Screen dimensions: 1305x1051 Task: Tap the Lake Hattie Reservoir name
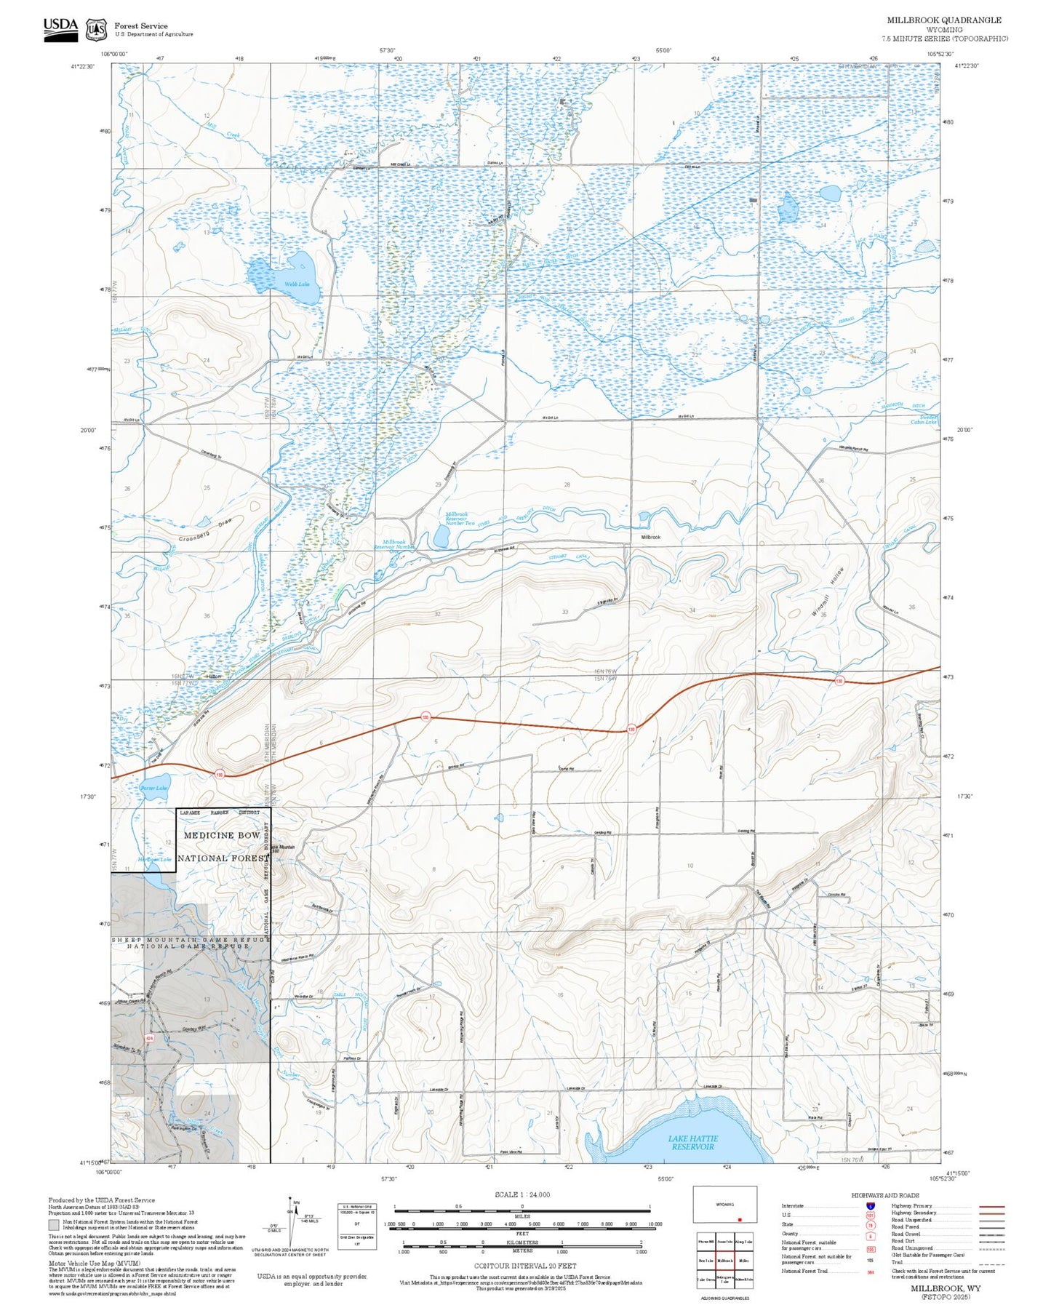click(693, 1142)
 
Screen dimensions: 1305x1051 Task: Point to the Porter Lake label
click(153, 788)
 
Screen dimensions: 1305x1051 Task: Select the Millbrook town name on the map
click(650, 537)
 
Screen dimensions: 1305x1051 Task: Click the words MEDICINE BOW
click(222, 835)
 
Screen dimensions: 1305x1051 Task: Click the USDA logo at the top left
click(60, 29)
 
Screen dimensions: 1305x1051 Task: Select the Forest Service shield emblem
click(96, 30)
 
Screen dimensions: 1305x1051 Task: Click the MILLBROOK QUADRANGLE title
click(943, 20)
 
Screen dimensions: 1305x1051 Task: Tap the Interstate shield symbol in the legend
click(870, 1205)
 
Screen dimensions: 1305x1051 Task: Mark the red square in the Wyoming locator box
click(740, 1219)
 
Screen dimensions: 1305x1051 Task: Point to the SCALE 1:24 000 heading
click(521, 1194)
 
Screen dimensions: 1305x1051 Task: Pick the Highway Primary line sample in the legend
click(992, 1206)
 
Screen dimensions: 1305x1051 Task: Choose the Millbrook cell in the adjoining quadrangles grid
click(724, 1260)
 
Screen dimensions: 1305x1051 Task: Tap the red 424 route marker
click(149, 1037)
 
